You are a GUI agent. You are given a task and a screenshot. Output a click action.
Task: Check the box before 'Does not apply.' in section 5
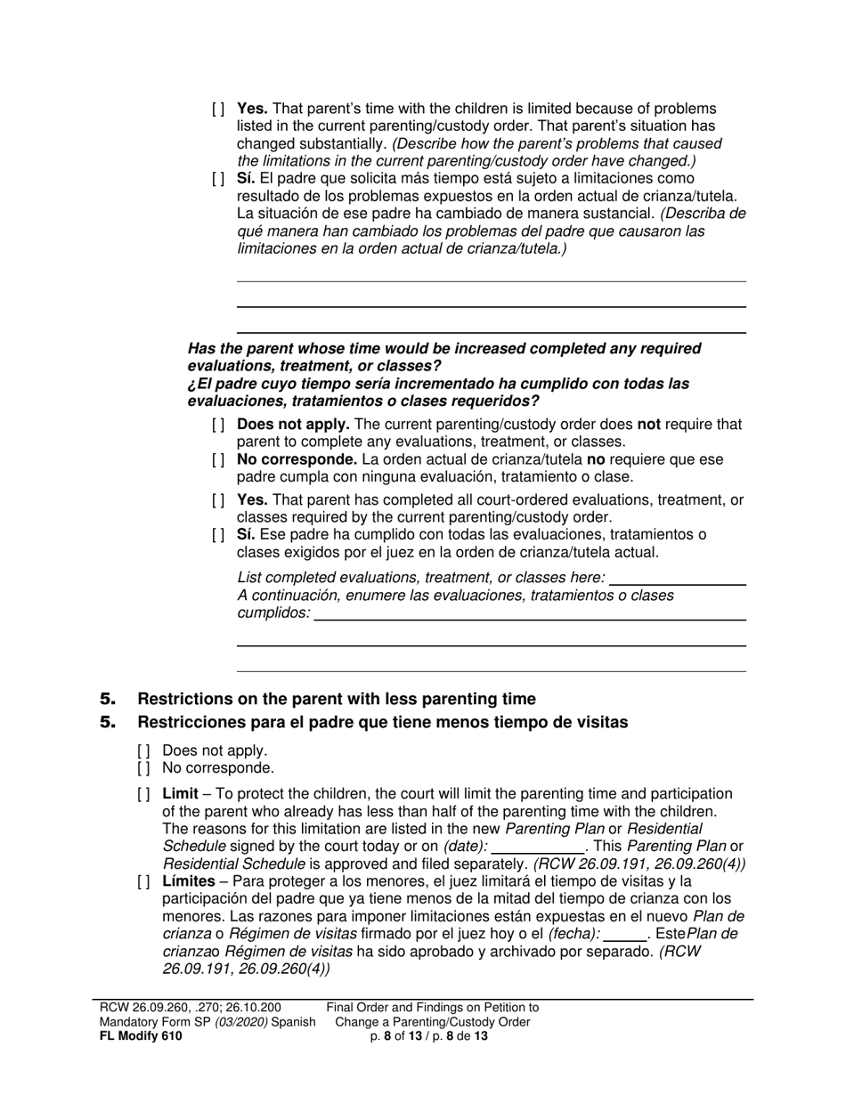143,750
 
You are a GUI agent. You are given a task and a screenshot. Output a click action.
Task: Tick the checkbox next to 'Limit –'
143,793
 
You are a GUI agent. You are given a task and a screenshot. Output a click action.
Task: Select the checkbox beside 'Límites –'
143,882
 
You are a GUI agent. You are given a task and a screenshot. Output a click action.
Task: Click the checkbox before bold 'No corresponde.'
218,460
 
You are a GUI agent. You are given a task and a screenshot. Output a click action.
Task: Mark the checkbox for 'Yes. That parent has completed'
218,500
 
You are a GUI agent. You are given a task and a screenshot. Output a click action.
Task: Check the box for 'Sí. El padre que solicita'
218,178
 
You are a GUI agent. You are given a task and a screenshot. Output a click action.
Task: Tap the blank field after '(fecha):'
625,934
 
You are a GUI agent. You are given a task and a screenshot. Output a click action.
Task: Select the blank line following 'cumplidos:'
530,613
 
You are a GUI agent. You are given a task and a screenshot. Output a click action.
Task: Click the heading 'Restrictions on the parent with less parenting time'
337,699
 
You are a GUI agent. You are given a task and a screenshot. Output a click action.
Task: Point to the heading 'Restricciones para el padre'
383,722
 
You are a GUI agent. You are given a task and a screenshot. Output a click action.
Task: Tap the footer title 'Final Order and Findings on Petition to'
433,1008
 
